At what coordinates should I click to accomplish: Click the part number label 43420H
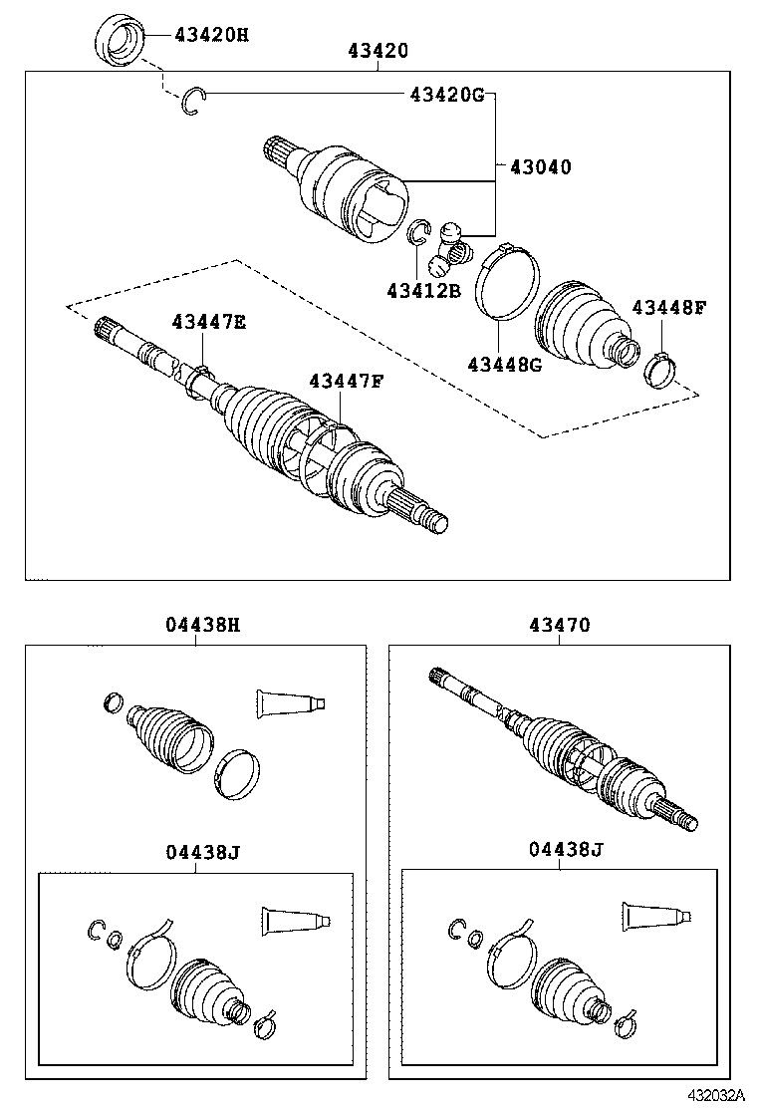(x=211, y=36)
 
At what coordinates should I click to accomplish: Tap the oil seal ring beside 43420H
(x=119, y=42)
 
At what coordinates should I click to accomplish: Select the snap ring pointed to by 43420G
(x=194, y=103)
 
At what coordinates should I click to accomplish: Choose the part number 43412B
(x=424, y=291)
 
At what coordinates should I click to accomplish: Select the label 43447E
(x=208, y=322)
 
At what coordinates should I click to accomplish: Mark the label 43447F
(x=346, y=381)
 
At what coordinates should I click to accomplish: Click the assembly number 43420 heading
(x=378, y=51)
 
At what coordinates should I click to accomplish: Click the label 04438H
(x=202, y=626)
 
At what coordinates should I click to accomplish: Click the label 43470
(x=560, y=626)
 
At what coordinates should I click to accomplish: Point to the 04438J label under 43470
(x=566, y=849)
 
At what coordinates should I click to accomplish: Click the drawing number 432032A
(x=713, y=1095)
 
